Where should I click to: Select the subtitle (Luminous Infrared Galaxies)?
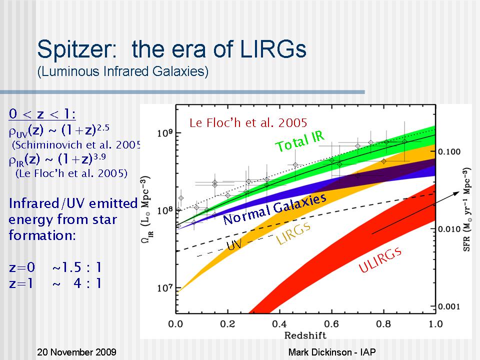(122, 72)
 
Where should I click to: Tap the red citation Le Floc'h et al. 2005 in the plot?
(248, 122)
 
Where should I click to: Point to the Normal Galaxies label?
(274, 209)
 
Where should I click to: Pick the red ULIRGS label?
(380, 260)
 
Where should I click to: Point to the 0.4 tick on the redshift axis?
(279, 323)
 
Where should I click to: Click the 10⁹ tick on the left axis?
(165, 133)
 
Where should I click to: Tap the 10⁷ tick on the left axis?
(165, 288)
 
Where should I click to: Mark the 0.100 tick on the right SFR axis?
(450, 151)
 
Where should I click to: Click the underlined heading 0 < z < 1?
(42, 114)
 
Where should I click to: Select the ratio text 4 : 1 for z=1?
(87, 283)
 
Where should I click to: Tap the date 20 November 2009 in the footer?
(77, 352)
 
